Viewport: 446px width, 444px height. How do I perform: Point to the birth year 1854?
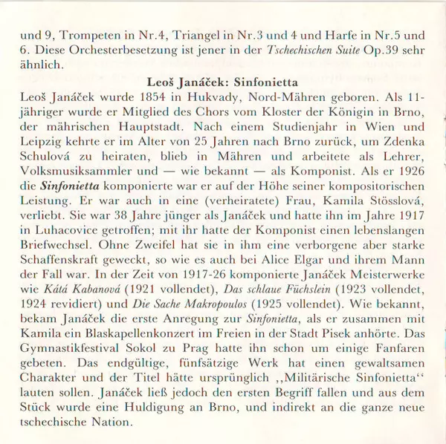(179, 97)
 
